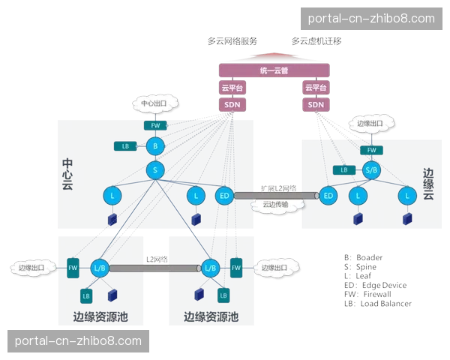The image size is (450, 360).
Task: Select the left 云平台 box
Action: [x=231, y=88]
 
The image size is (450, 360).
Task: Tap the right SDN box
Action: [x=316, y=104]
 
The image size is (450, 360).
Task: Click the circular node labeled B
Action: [x=154, y=146]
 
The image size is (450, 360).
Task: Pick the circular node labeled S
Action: [x=154, y=170]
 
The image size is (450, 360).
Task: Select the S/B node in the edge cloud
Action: [x=371, y=170]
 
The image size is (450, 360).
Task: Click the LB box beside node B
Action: [x=125, y=145]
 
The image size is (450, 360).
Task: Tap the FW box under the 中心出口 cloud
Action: [x=154, y=124]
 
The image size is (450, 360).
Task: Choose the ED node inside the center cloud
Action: [x=223, y=196]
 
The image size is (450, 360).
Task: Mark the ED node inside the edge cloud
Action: [x=328, y=196]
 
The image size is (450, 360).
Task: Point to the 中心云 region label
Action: [x=67, y=174]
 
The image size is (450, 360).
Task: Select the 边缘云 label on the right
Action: [x=428, y=184]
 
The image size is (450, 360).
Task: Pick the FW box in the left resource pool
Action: [x=73, y=267]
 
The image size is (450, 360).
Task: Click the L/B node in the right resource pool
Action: [x=210, y=267]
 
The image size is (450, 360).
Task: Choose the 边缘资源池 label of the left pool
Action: [x=100, y=317]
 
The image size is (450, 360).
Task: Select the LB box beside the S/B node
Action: [x=343, y=170]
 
